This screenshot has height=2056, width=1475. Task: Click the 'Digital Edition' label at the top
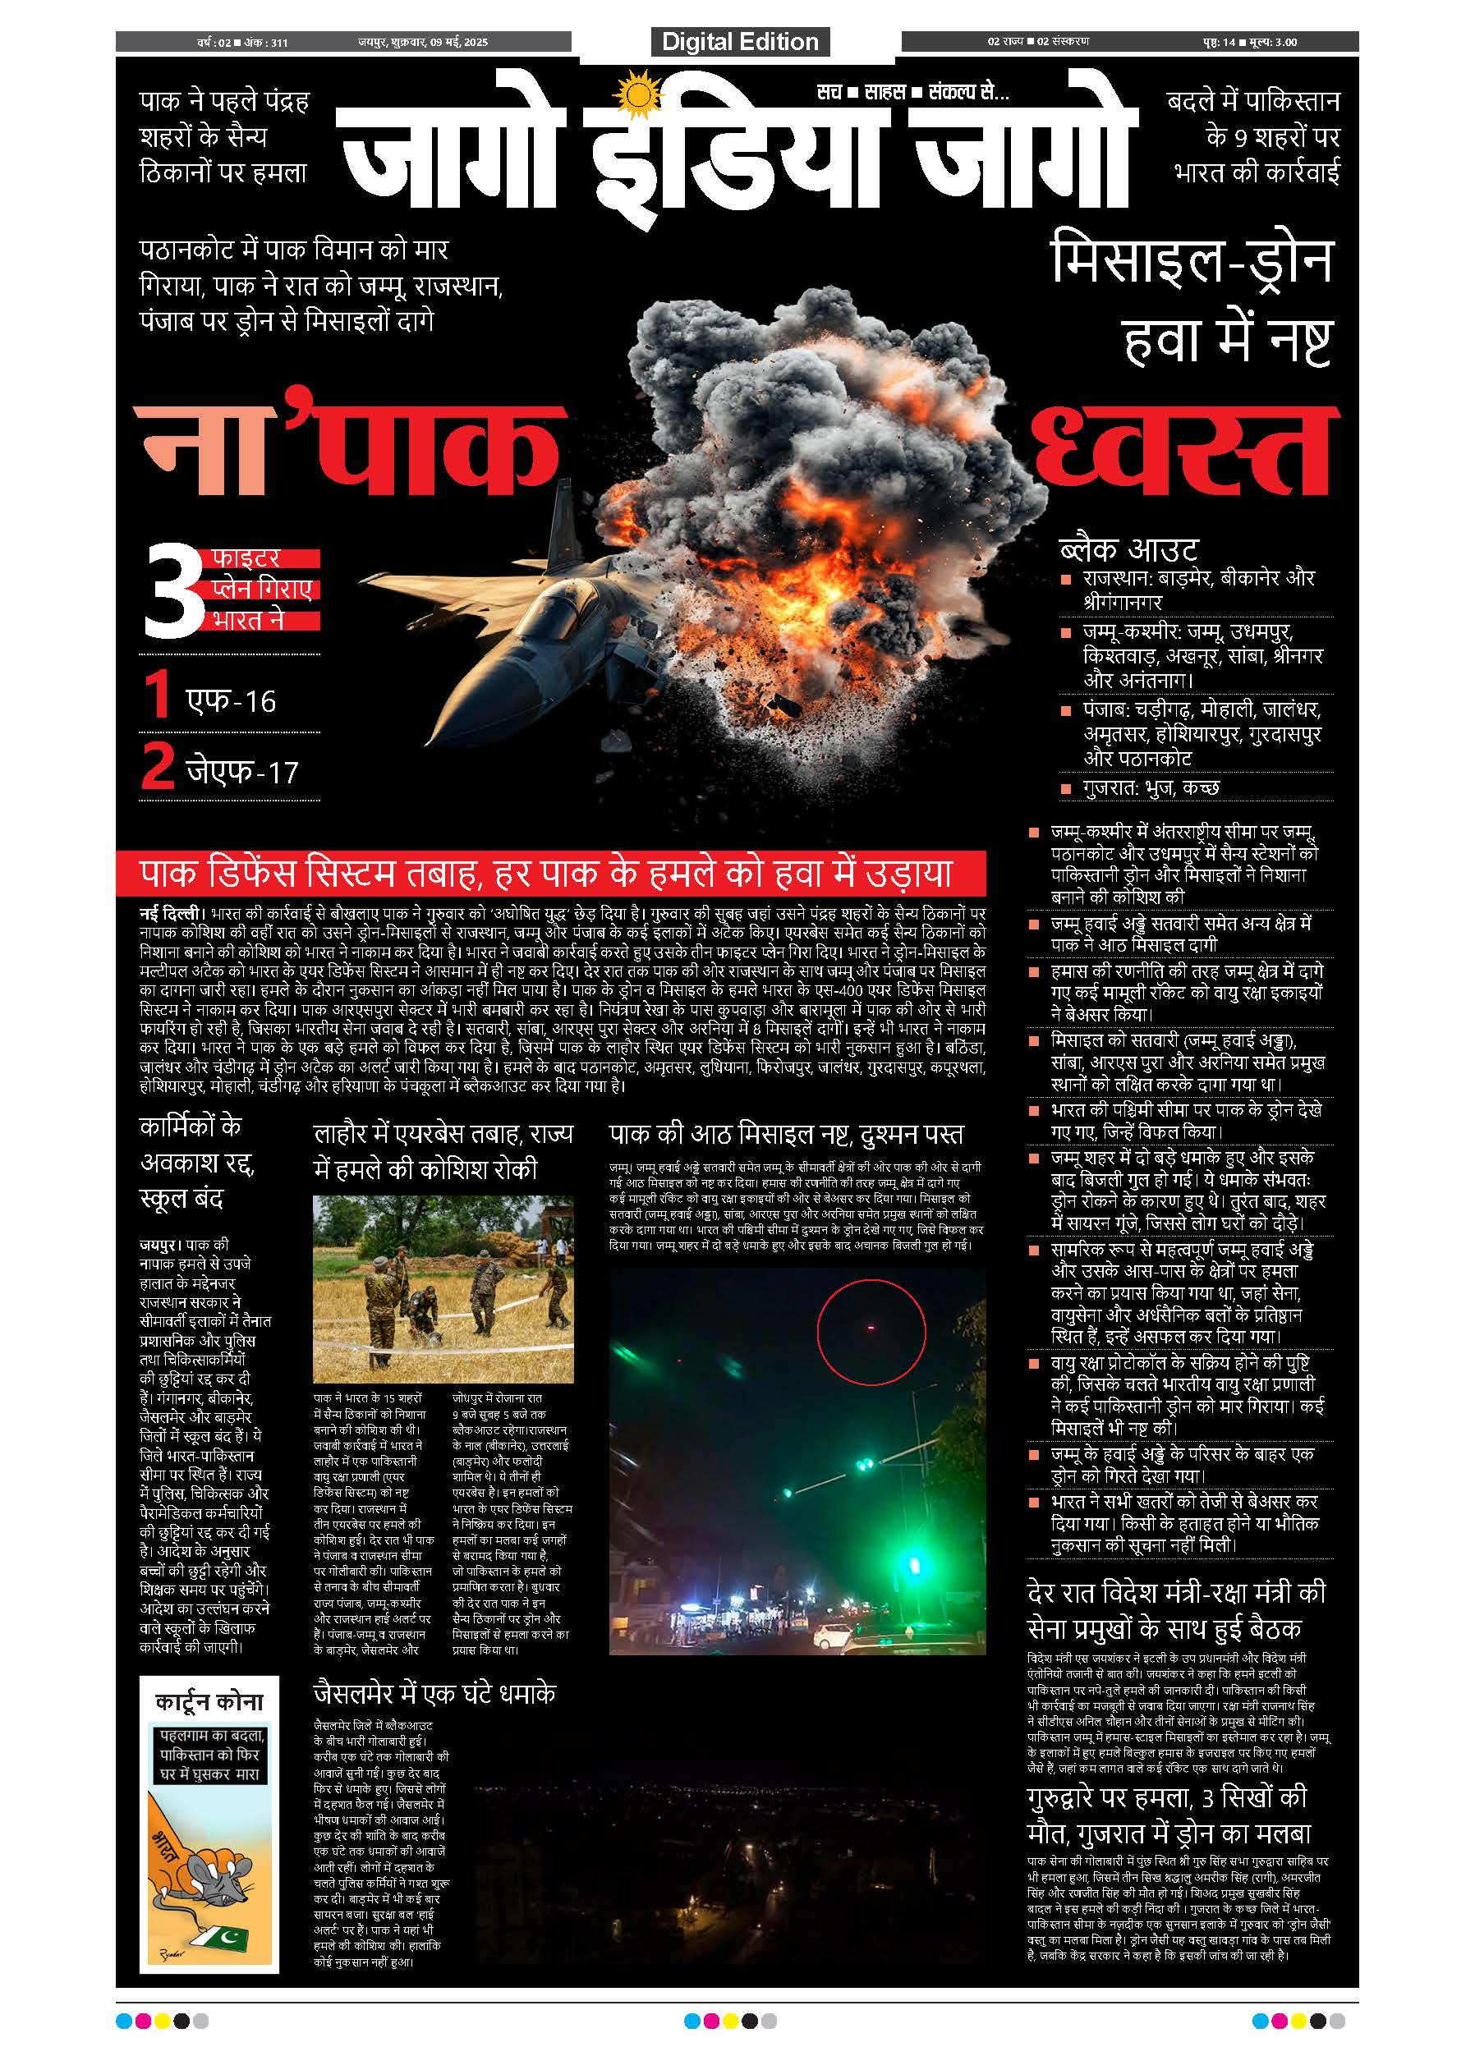[x=740, y=42]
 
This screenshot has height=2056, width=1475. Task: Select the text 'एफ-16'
[x=230, y=700]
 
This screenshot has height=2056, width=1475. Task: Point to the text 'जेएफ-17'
[x=242, y=772]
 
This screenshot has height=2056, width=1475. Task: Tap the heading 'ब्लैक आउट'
[x=1128, y=549]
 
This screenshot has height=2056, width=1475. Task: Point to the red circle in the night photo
[x=871, y=1332]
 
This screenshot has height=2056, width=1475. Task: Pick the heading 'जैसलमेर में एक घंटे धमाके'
[x=434, y=1692]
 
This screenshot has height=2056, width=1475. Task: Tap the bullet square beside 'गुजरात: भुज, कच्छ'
[x=1066, y=789]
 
